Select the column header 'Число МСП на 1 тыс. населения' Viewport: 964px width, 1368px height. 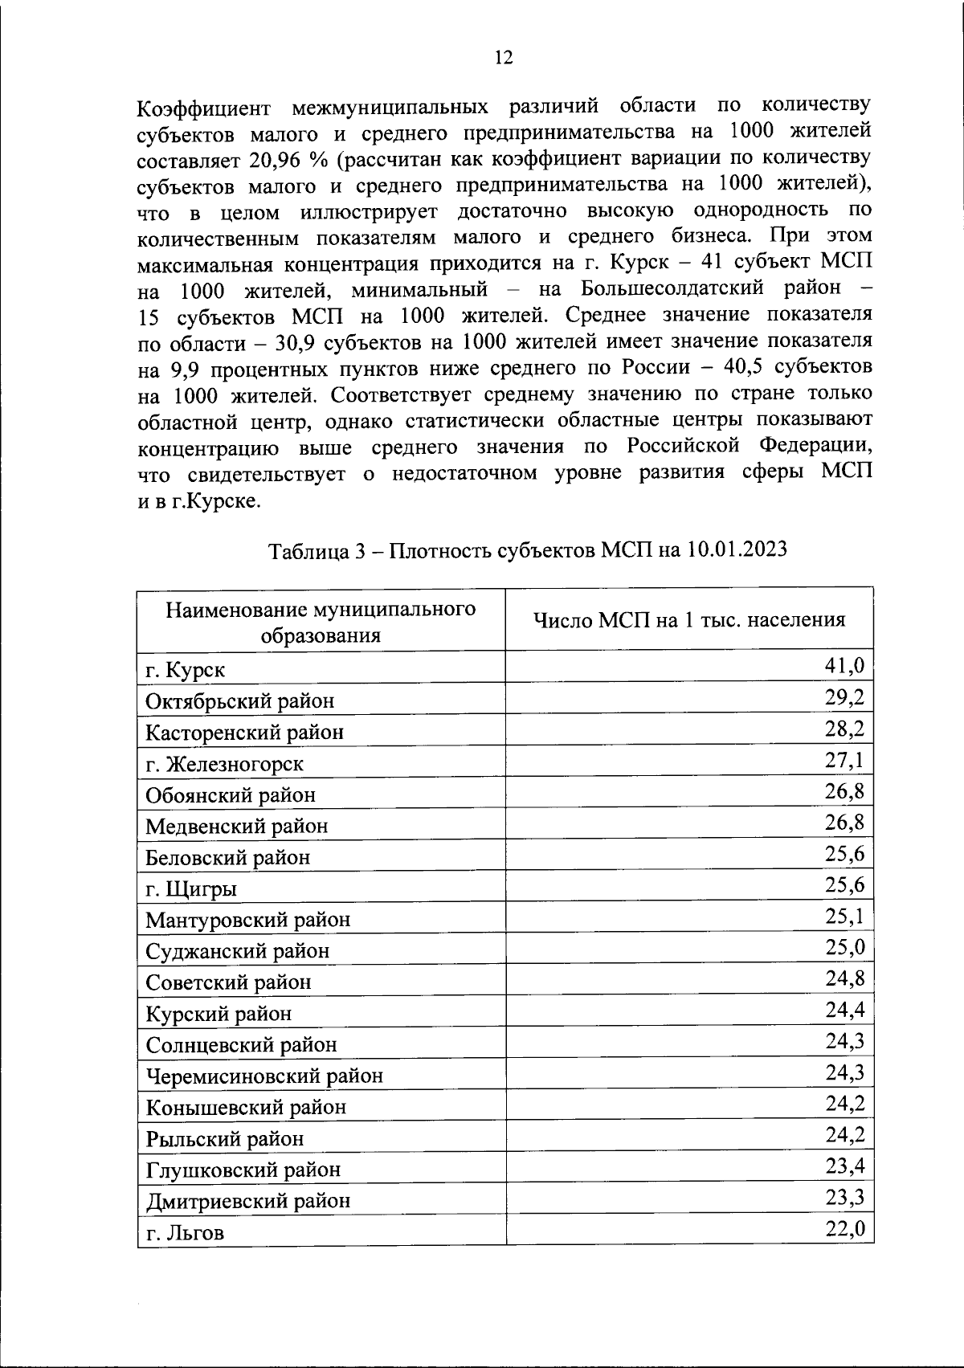(x=689, y=619)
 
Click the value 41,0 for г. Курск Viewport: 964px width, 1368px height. (x=844, y=665)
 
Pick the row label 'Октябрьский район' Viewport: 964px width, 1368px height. (x=239, y=700)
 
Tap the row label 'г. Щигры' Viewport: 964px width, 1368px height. (x=190, y=888)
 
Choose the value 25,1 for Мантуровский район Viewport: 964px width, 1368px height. (x=844, y=916)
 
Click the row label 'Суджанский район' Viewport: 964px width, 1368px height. (x=237, y=951)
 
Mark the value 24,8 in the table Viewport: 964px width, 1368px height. (x=844, y=978)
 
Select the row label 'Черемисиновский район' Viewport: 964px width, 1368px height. (x=264, y=1076)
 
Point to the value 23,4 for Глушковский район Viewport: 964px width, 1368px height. (x=844, y=1166)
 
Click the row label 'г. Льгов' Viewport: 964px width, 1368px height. (x=185, y=1232)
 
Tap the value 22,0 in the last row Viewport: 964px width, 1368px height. (x=844, y=1228)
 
